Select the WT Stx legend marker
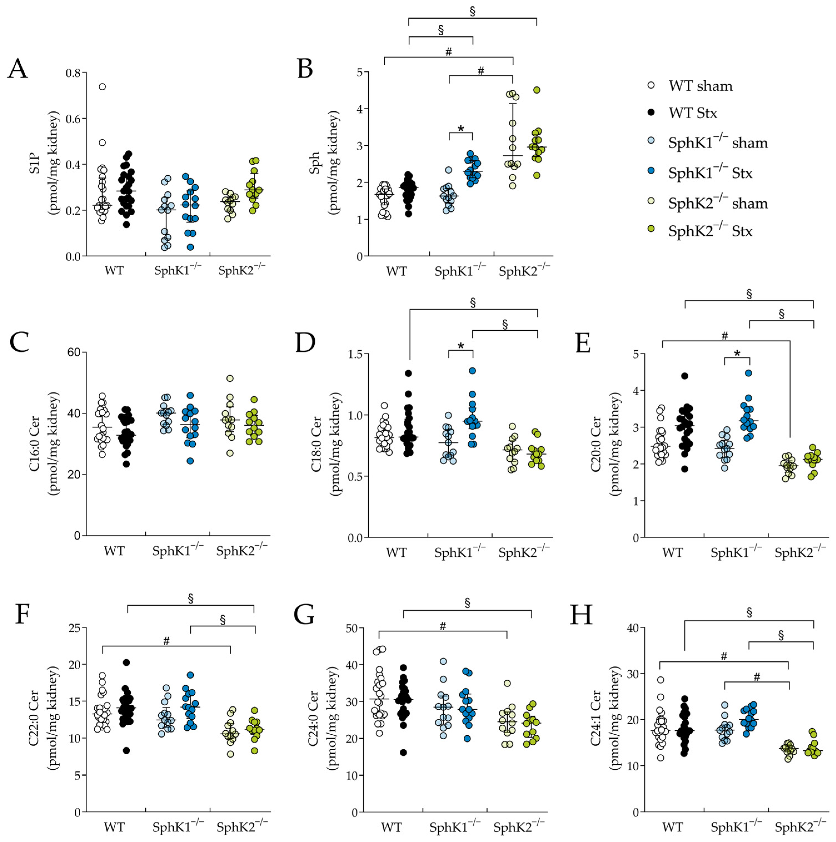(651, 113)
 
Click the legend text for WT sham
(700, 86)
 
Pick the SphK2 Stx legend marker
(651, 229)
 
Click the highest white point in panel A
(102, 87)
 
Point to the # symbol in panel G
(443, 626)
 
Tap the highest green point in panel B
(536, 90)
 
